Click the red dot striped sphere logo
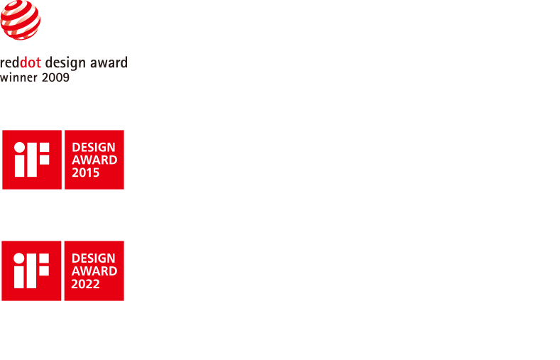pos(20,20)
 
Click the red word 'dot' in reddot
pos(31,62)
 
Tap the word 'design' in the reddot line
pos(65,63)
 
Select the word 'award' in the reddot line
pos(109,62)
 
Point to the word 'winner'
pos(18,77)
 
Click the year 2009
pos(55,77)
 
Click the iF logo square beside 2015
pos(32,160)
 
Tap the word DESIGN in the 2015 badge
pos(94,147)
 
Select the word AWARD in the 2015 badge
pos(94,160)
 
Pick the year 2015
pos(86,173)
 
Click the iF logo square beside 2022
pos(31,271)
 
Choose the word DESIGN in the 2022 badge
pos(93,258)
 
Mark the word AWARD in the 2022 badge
pos(94,271)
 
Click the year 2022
pos(85,284)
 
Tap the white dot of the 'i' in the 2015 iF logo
pos(19,147)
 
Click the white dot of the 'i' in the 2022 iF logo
pos(19,258)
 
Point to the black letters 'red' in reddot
pos(10,62)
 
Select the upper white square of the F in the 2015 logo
pos(44,147)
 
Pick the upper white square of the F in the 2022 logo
pos(44,258)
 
